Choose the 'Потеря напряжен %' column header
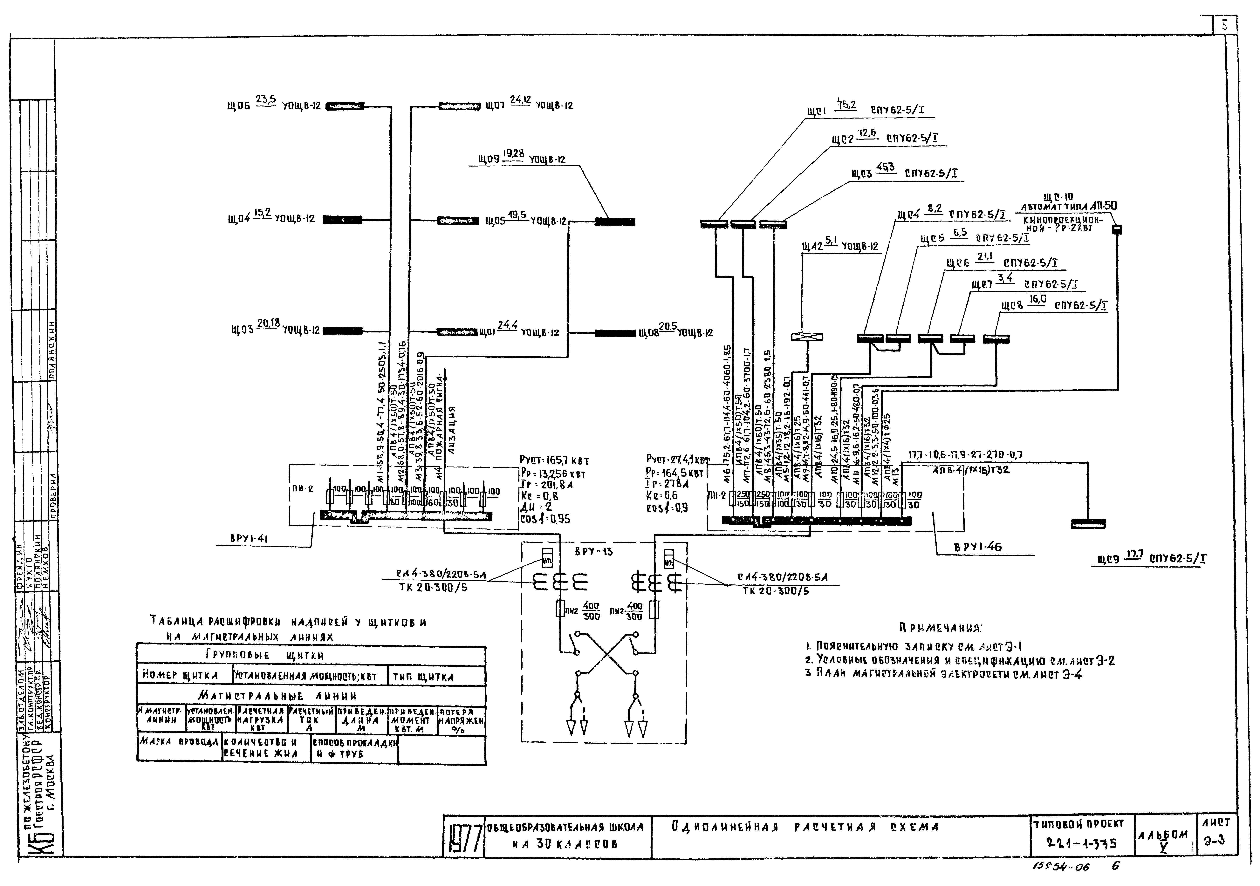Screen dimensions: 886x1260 461,721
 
